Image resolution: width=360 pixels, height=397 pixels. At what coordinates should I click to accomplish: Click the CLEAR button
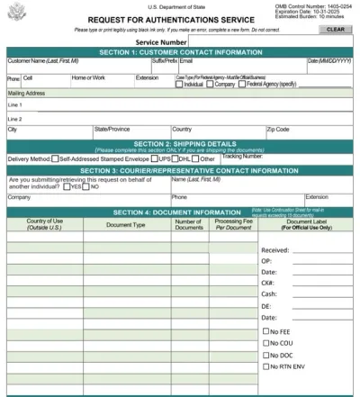click(336, 30)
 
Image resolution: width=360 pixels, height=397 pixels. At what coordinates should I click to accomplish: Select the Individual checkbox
click(180, 84)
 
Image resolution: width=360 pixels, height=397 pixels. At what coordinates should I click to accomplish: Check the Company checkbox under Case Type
click(211, 84)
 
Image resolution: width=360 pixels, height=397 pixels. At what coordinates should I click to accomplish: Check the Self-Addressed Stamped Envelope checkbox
click(56, 158)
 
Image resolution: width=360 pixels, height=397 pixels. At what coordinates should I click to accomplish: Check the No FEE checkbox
click(265, 331)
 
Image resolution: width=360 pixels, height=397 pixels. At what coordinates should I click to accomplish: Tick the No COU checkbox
click(265, 343)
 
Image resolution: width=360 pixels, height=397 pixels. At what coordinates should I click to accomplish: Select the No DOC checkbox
click(265, 355)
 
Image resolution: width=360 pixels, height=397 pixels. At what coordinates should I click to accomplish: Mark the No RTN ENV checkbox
click(265, 366)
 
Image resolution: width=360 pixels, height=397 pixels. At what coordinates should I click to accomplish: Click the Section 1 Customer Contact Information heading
click(180, 52)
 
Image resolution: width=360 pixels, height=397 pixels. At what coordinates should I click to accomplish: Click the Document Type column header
click(126, 224)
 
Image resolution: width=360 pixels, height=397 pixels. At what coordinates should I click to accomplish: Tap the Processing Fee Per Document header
click(233, 224)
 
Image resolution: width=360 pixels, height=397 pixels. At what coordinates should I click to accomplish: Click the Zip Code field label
click(278, 129)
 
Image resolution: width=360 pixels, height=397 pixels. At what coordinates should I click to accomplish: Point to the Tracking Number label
click(243, 156)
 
